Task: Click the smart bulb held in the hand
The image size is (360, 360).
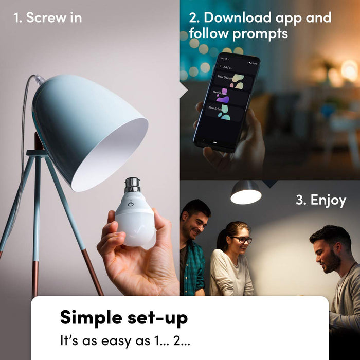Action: click(135, 219)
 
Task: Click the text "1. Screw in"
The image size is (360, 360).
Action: click(47, 18)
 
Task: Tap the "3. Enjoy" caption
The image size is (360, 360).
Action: click(320, 200)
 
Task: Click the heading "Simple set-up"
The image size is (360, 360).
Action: click(123, 317)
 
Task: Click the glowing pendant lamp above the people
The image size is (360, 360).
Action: click(246, 194)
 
